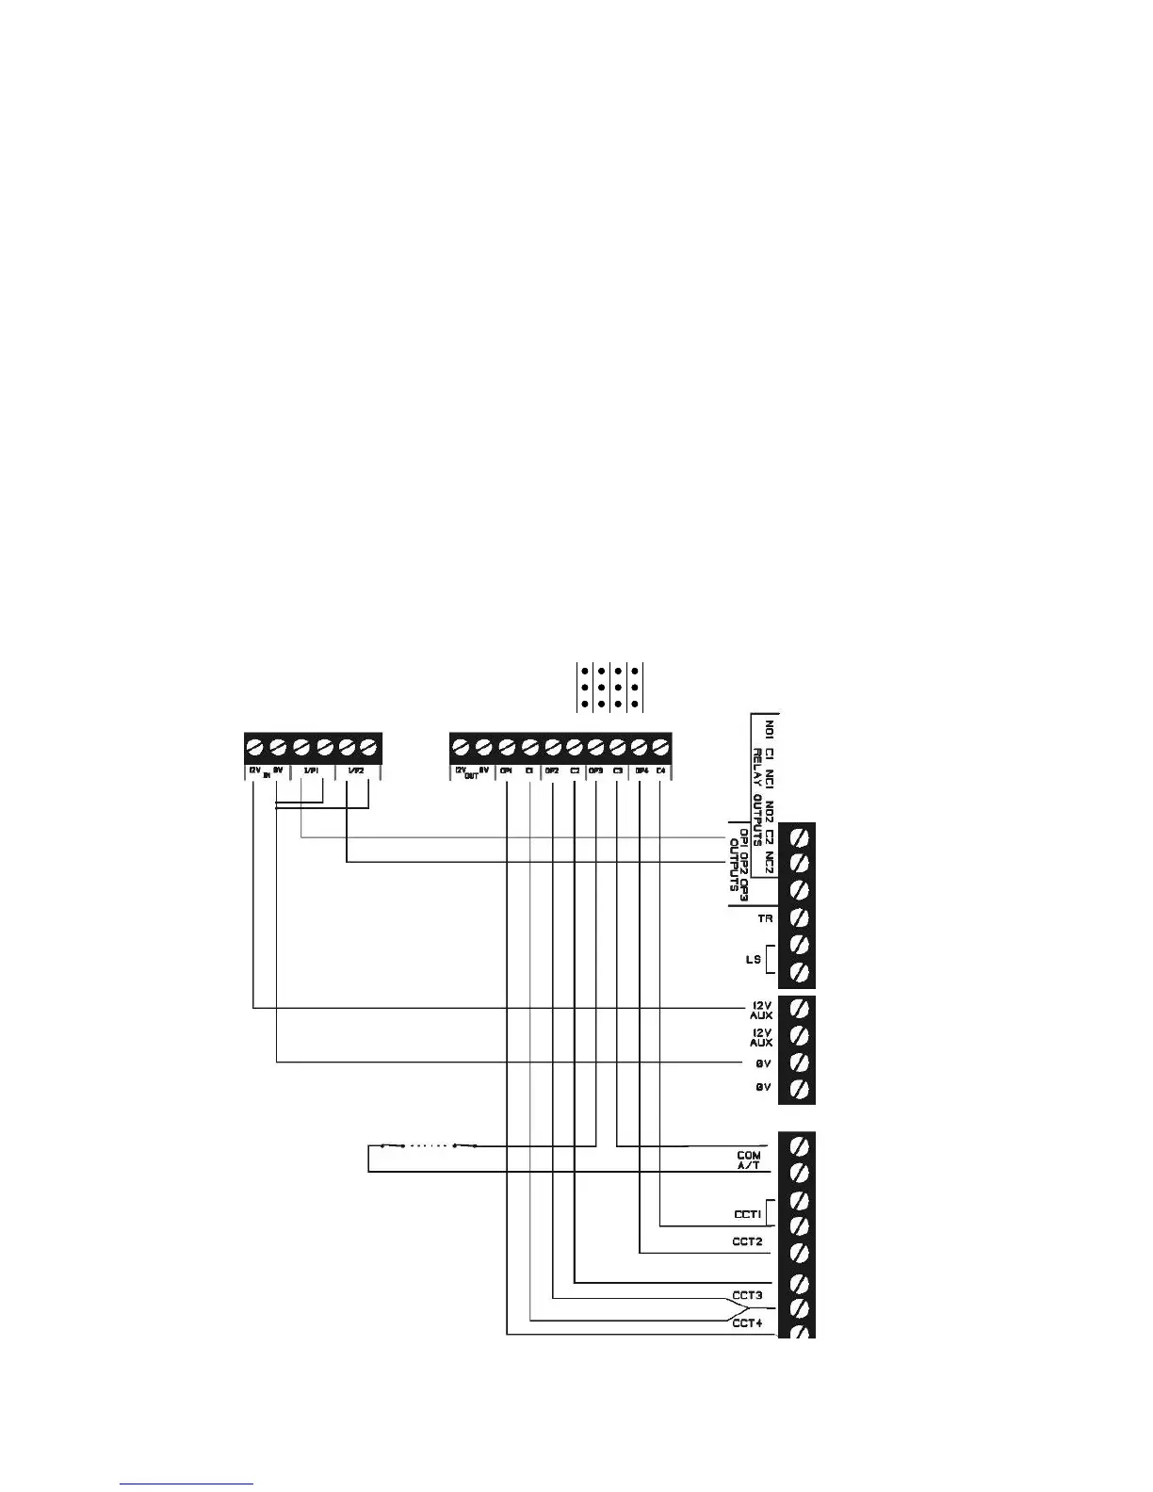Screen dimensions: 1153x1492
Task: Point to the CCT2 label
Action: (x=747, y=1241)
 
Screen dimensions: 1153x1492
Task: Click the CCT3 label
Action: (x=747, y=1295)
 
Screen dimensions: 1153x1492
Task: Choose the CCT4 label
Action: (x=747, y=1323)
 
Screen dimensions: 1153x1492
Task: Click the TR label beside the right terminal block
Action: (x=765, y=916)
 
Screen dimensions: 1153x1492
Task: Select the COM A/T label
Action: (x=749, y=1160)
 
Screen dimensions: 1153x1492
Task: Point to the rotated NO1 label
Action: (x=770, y=729)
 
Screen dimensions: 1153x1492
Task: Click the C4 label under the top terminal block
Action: (x=661, y=771)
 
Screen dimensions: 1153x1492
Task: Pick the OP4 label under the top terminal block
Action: (x=641, y=771)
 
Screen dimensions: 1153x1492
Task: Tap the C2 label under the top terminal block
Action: (x=574, y=771)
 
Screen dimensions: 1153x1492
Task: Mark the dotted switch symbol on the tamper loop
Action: (x=429, y=1146)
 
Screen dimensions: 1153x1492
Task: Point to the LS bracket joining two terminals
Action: (x=771, y=959)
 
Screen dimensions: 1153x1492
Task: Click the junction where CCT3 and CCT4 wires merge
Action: (x=752, y=1309)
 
